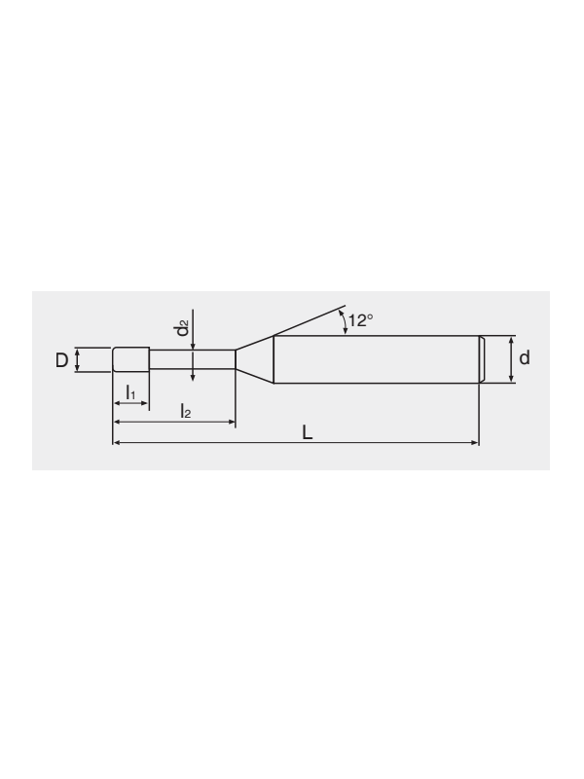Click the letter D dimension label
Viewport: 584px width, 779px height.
click(61, 359)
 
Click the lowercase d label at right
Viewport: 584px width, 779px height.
click(525, 357)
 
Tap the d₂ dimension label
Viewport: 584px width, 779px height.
click(183, 328)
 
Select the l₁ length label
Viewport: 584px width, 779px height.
click(130, 392)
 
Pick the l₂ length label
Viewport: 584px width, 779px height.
click(186, 411)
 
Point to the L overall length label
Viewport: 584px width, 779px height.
click(308, 432)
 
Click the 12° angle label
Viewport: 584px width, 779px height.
click(360, 320)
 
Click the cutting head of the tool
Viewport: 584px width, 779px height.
click(130, 359)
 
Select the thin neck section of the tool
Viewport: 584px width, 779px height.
click(192, 359)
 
